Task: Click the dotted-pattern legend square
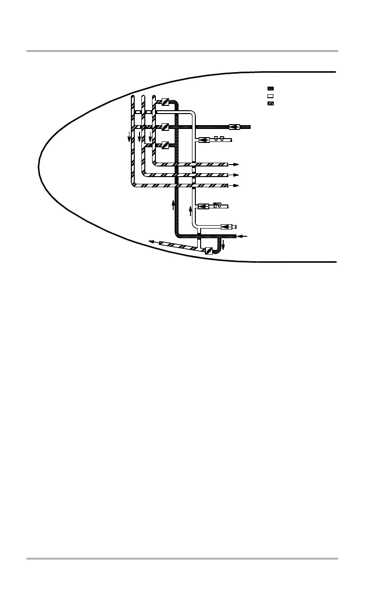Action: (270, 89)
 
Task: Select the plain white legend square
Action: (270, 96)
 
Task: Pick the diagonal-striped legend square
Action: (270, 103)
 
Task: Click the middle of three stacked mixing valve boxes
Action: (165, 127)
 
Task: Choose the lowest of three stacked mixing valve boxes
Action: (165, 144)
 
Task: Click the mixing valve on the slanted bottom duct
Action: (208, 250)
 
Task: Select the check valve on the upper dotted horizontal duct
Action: (235, 127)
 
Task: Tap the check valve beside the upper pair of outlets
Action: (203, 141)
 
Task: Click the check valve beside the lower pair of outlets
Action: (203, 206)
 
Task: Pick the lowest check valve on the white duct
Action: (225, 227)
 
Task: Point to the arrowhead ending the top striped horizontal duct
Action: (235, 164)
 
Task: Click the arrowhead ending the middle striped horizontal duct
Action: (235, 175)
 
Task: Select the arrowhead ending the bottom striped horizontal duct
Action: (235, 185)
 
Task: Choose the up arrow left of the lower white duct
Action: (191, 211)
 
